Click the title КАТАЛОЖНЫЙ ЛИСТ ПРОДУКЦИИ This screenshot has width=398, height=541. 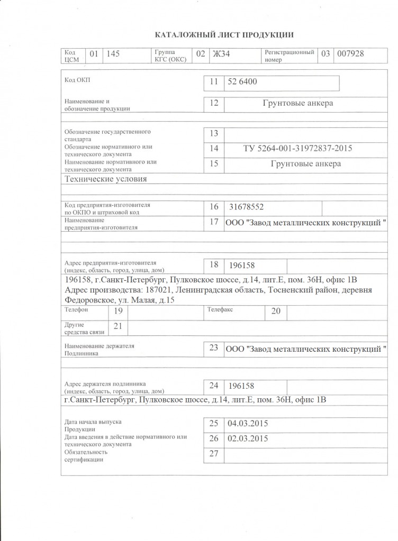coord(223,35)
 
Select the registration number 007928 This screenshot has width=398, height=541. coord(350,53)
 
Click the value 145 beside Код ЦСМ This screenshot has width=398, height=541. coord(113,53)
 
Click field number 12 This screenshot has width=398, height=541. coord(214,103)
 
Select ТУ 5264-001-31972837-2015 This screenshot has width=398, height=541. coord(297,148)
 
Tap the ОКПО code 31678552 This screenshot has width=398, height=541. coord(247,207)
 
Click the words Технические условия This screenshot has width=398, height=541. coord(105,179)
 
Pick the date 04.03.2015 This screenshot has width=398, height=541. coord(247,423)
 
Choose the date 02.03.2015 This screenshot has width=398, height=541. coord(247,438)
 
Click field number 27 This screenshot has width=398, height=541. coord(214,453)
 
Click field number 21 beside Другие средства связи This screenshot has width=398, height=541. coord(118,326)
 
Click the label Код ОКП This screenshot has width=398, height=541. coord(77,80)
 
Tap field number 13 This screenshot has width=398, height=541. coord(214,133)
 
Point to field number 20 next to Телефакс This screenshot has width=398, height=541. coord(275,311)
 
